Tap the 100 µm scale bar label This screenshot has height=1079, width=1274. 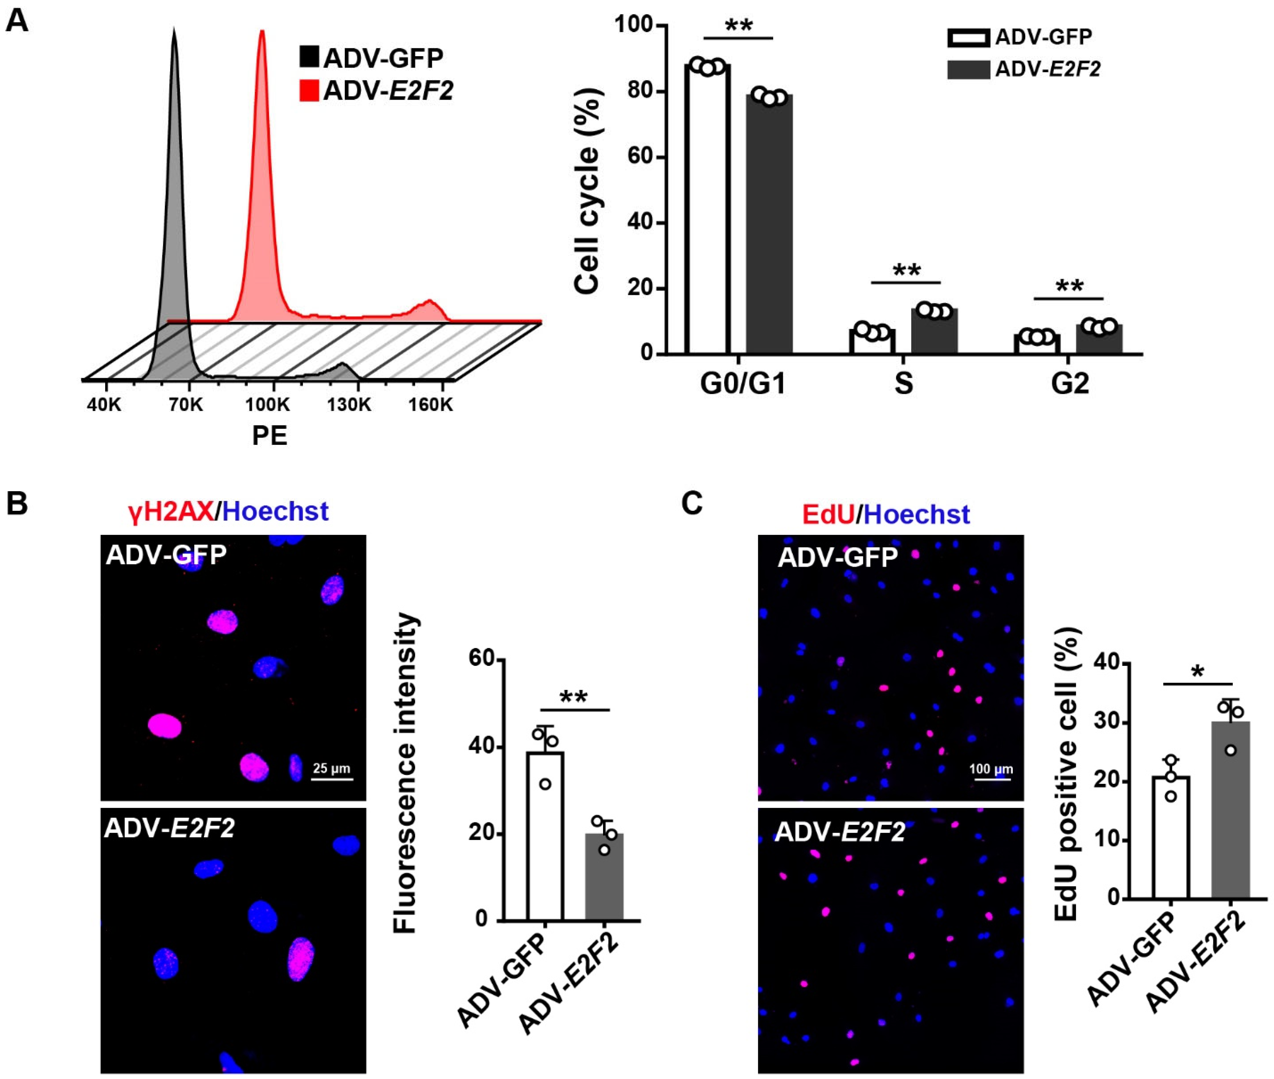coord(991,769)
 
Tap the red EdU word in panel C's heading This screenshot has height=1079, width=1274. coord(828,514)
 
